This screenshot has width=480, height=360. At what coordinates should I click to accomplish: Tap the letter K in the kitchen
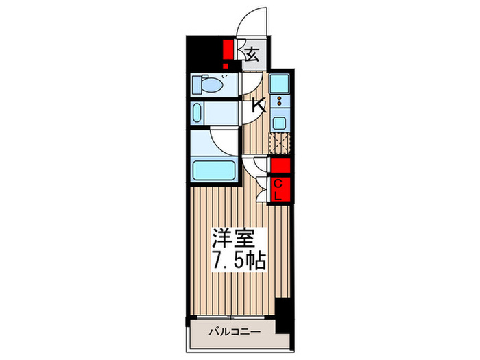tap(259, 106)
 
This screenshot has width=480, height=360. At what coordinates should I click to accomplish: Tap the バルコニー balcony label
tap(234, 332)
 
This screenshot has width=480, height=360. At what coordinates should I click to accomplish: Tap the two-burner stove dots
tap(280, 103)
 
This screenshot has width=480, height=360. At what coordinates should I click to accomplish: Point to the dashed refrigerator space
tap(280, 144)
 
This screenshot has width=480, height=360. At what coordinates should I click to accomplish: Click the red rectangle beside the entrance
tap(228, 52)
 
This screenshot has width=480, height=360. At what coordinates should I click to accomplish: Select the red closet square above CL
tap(280, 166)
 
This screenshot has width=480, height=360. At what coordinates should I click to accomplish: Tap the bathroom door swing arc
tap(225, 141)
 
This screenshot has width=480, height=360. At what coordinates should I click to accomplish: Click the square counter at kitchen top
tap(280, 84)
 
